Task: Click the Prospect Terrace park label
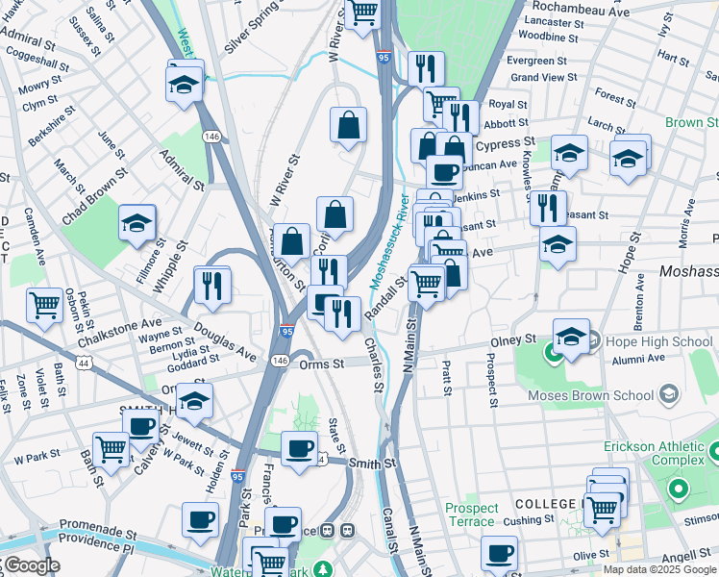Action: pos(472,515)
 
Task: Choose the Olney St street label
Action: pos(516,340)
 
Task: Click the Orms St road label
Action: pos(321,364)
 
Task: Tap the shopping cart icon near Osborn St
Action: pos(44,306)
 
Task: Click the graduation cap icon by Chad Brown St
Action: pos(137,223)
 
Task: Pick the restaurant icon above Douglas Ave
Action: pos(212,284)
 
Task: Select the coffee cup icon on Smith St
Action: pos(299,447)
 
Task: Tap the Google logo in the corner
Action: pos(31,565)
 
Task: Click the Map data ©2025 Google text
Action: pos(658,569)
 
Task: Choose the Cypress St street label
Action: pos(498,143)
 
